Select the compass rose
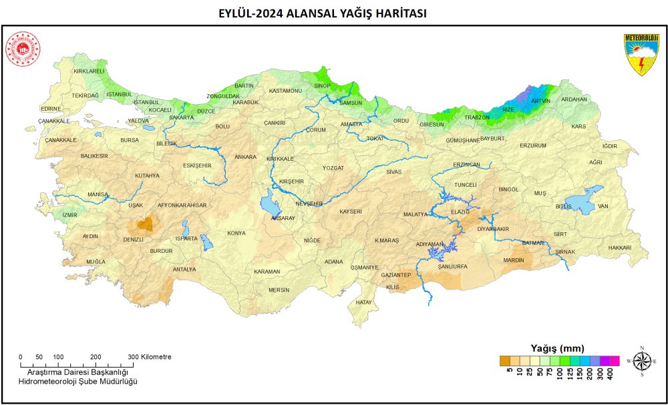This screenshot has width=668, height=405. (642, 361)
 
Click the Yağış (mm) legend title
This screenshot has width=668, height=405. (557, 348)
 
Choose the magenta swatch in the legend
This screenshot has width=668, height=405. (615, 361)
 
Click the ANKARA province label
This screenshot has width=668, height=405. (245, 157)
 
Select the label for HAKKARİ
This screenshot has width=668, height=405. (619, 248)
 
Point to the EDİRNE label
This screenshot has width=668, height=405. (51, 108)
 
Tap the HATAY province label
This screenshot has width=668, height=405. (363, 302)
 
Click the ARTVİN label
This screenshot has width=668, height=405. (540, 101)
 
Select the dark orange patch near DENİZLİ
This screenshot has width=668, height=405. (145, 224)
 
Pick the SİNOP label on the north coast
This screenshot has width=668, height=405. (322, 85)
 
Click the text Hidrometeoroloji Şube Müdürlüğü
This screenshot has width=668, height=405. (77, 380)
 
